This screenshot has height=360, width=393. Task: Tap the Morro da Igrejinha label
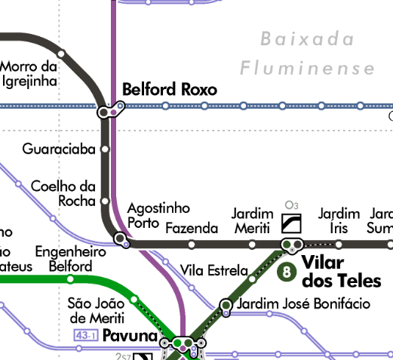point(29,72)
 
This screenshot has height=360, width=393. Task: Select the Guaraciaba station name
point(59,149)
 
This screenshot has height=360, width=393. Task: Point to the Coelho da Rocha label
point(63,193)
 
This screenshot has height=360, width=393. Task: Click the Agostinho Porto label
point(158,215)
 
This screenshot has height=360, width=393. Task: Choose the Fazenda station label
point(191,228)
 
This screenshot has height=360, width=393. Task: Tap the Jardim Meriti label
point(251,221)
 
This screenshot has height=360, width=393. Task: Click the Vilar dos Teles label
point(333,272)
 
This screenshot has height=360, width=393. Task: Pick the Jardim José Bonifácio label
point(303,304)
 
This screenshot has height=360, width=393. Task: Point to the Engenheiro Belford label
point(70,259)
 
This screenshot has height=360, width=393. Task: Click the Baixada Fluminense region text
point(307,54)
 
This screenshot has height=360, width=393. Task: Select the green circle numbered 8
point(286,272)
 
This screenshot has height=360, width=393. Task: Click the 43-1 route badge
point(84,335)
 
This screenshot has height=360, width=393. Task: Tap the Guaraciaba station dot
point(105,149)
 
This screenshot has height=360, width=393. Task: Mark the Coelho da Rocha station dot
point(105,202)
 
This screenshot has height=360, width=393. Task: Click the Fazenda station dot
point(192,244)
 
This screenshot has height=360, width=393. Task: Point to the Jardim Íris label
point(339,221)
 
